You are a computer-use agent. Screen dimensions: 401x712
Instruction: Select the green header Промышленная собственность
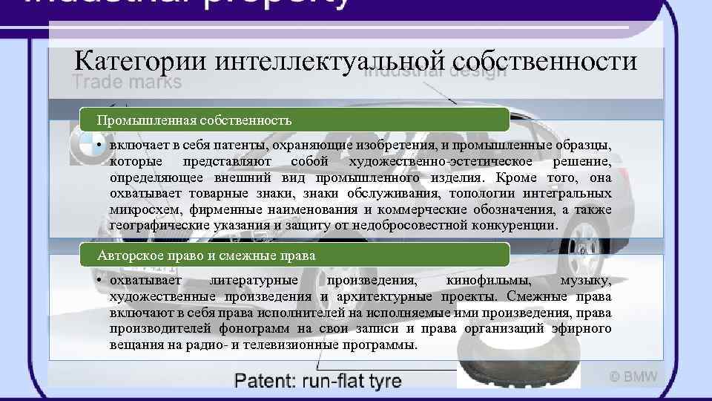coord(194,119)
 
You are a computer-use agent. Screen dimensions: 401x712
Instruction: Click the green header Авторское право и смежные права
coord(207,255)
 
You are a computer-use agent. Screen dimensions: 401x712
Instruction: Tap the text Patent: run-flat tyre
coord(318,382)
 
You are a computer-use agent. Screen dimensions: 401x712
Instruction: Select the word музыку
coord(586,281)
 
